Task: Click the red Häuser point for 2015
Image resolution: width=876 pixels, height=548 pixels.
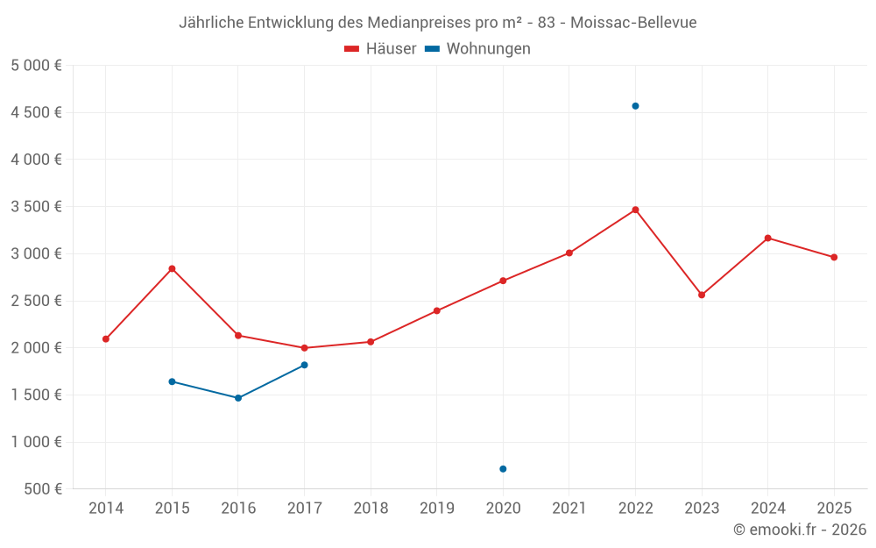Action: pyautogui.click(x=172, y=268)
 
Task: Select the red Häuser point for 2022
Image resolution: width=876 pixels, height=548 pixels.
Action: pyautogui.click(x=635, y=210)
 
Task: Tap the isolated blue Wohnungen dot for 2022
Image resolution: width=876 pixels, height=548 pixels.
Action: pyautogui.click(x=635, y=106)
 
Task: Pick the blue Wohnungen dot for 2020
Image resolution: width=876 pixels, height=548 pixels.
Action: pyautogui.click(x=503, y=469)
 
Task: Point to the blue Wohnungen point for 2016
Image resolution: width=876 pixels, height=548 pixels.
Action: pyautogui.click(x=238, y=398)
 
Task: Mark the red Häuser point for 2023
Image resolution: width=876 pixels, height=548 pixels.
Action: pyautogui.click(x=702, y=295)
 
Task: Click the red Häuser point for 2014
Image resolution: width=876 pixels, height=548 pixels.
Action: pyautogui.click(x=106, y=338)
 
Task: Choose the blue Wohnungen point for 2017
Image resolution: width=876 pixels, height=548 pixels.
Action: pyautogui.click(x=304, y=365)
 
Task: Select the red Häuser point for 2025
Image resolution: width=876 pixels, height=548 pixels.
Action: pyautogui.click(x=834, y=257)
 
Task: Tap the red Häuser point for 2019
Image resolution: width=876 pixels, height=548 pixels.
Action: pyautogui.click(x=436, y=310)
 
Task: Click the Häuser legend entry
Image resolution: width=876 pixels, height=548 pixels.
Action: pyautogui.click(x=381, y=49)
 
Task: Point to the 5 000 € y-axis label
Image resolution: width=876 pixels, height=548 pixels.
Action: pyautogui.click(x=36, y=65)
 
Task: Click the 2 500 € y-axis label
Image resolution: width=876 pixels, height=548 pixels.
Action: pyautogui.click(x=36, y=301)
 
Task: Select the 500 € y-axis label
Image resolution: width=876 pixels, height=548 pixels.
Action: pyautogui.click(x=43, y=489)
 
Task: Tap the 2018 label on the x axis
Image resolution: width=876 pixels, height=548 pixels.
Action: pyautogui.click(x=371, y=508)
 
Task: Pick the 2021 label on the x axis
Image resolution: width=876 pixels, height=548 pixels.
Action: pyautogui.click(x=569, y=508)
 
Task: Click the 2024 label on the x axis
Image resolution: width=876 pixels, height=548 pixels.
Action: pyautogui.click(x=767, y=508)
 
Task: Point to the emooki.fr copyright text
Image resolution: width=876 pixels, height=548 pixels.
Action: pyautogui.click(x=800, y=530)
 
